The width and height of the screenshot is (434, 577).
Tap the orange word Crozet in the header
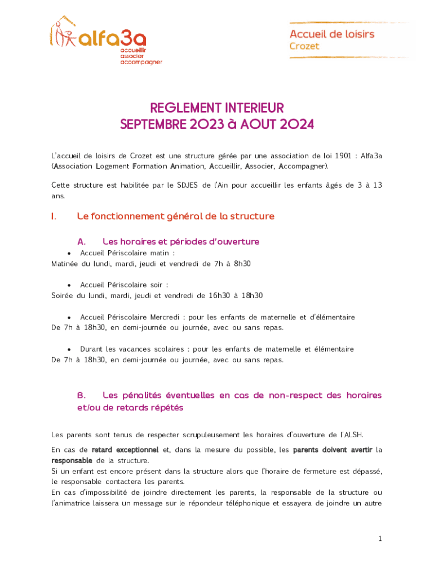(304, 46)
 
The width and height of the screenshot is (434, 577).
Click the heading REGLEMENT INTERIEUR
(217, 108)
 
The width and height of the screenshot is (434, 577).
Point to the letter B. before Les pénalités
(81, 396)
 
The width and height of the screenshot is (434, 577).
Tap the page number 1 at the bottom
(380, 539)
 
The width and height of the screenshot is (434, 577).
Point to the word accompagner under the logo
(141, 62)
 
